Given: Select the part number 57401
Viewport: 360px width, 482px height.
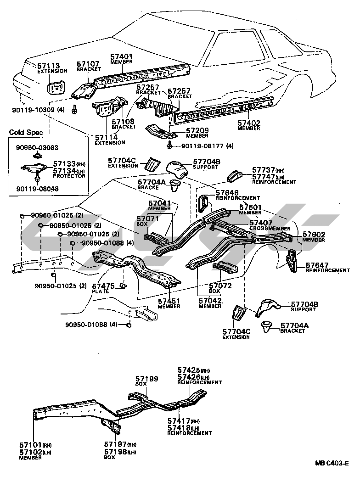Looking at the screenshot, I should pos(121,57).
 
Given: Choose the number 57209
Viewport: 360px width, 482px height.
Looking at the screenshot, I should pos(197,131).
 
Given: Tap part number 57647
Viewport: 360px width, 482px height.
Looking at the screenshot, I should pos(317,265).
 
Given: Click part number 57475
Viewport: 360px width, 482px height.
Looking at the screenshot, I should pos(103,286).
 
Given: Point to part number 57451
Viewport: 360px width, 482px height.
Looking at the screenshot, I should pos(169,301).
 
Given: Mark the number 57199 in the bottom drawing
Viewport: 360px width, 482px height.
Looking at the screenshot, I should pos(146,379).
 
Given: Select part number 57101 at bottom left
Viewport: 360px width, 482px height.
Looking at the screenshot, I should pos(30,444).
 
